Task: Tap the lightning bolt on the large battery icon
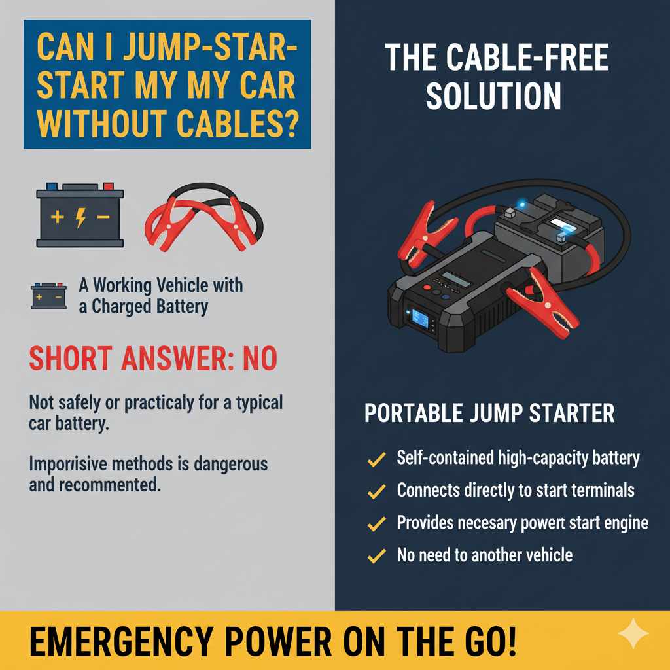coord(80,217)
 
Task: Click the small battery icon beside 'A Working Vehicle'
coord(48,296)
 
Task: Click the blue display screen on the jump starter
coord(419,319)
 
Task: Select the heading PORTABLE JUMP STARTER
coord(489,414)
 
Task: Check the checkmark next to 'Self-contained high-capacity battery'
coord(376,459)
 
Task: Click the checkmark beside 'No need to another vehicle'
coord(376,557)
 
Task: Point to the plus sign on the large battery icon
coord(57,217)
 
